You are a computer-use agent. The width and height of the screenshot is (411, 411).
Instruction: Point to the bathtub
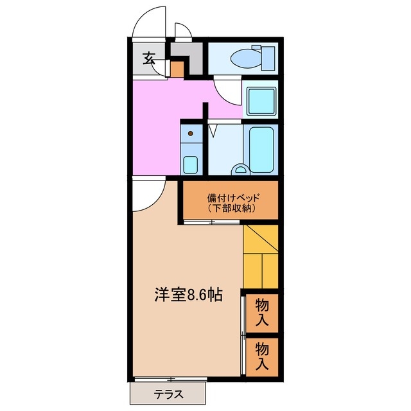coord(262,150)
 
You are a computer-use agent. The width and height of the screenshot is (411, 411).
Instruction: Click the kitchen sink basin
coord(190,163)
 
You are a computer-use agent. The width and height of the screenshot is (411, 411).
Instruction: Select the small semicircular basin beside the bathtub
coord(240,170)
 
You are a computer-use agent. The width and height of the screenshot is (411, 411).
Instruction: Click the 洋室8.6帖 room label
coord(188,295)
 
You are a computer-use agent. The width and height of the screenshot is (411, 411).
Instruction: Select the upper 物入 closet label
coord(262,311)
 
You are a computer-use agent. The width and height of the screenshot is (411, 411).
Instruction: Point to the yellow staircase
coord(261,256)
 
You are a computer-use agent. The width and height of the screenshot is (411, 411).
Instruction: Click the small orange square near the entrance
coord(176,68)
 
